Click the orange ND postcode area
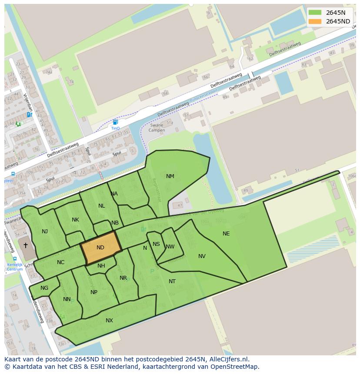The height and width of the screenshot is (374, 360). [100, 248]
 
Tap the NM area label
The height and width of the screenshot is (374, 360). [170, 176]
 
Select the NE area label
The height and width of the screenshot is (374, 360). [226, 234]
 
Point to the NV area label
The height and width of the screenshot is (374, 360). [202, 256]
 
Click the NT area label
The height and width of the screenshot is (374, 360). [172, 281]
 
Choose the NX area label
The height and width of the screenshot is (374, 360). [109, 321]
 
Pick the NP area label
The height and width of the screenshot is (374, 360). [94, 292]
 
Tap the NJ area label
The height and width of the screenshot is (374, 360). [45, 232]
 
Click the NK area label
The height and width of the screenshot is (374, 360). [75, 220]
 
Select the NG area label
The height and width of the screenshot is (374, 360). [44, 288]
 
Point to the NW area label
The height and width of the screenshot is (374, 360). [170, 247]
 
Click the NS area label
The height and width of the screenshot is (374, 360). [156, 244]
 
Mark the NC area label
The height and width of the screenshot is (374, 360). [60, 262]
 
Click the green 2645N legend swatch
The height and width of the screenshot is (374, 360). [315, 13]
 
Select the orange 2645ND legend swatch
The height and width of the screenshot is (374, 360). [315, 21]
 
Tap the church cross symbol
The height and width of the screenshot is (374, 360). [26, 245]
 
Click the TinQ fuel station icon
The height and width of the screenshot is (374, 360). [115, 122]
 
